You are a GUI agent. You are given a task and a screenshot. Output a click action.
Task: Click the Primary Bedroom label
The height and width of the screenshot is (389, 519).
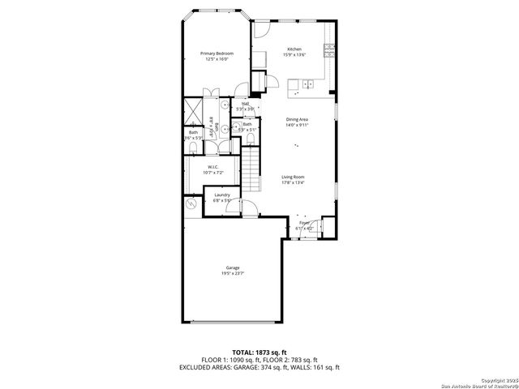217,53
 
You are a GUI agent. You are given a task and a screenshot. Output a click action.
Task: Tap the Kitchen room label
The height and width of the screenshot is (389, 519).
294,49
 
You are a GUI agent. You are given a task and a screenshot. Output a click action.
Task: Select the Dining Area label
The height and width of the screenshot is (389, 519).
297,119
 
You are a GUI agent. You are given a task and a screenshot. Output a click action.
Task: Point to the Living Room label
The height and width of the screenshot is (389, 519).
293,177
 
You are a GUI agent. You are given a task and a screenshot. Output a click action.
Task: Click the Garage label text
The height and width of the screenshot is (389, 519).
232,268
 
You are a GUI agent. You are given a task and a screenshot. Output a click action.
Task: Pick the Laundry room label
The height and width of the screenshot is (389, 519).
222,195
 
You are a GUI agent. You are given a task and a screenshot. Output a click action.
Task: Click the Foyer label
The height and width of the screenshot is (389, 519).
304,223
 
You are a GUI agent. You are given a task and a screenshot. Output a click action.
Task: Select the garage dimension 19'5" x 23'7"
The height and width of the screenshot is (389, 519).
232,274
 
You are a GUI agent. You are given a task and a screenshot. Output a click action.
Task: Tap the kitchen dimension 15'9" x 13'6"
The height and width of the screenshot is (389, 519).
294,55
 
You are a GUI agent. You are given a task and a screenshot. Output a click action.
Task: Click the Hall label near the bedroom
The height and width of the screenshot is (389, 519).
242,104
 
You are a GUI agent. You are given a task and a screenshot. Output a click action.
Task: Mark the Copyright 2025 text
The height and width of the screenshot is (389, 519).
496,379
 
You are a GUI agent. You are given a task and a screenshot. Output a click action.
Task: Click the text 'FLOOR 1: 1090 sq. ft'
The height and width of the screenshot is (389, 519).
229,360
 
